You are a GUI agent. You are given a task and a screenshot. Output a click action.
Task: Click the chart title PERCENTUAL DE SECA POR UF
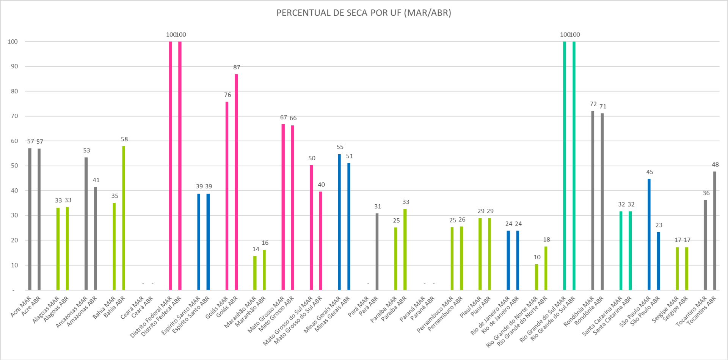[x=364, y=13]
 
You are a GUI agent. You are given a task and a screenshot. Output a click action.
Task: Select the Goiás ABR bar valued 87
[x=236, y=182]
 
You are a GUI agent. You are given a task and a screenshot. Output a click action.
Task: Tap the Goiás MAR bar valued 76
[x=227, y=196]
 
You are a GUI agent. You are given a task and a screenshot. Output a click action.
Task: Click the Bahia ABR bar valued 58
[x=124, y=218]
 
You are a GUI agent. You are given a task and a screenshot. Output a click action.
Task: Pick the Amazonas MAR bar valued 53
[x=86, y=224]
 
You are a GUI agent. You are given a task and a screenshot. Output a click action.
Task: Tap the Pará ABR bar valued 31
[x=377, y=252]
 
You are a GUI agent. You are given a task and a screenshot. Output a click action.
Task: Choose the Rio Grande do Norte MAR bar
[x=537, y=277]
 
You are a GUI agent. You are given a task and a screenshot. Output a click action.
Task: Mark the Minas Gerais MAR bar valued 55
[x=339, y=222]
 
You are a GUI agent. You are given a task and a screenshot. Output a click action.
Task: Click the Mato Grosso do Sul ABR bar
[x=320, y=241]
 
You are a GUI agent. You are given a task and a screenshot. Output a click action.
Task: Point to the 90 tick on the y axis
[x=14, y=66]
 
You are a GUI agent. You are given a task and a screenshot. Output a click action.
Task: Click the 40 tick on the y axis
[x=14, y=191]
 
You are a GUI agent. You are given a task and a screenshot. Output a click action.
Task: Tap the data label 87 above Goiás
[x=237, y=67]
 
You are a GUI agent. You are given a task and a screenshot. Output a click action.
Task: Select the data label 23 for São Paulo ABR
[x=659, y=225]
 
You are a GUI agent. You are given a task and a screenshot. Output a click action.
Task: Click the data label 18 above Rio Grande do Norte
[x=546, y=239]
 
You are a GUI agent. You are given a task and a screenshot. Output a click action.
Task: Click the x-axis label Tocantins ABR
[x=701, y=310]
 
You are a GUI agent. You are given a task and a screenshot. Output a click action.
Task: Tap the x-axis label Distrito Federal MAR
[x=151, y=318]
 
